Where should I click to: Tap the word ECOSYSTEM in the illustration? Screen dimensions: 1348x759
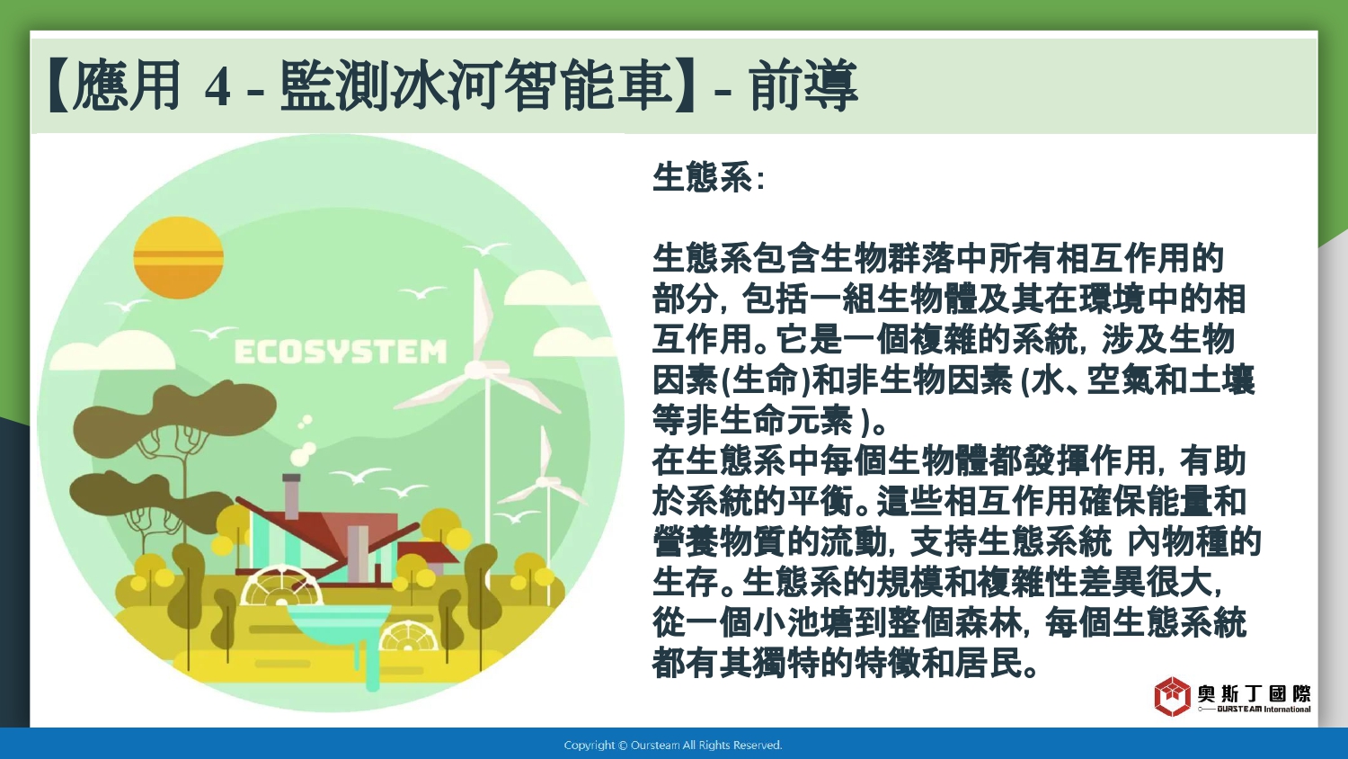[340, 352]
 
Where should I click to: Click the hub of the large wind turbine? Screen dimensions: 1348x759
[477, 367]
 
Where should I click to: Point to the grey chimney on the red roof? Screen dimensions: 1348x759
[291, 496]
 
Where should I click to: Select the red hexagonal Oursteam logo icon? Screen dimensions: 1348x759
[1172, 696]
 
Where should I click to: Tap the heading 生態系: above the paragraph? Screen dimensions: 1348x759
[708, 177]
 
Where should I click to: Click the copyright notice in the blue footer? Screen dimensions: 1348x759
[673, 746]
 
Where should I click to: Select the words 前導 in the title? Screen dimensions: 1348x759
[803, 85]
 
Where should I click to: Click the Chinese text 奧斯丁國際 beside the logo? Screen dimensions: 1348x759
[1255, 694]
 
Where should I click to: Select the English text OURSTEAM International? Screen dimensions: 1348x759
[1264, 709]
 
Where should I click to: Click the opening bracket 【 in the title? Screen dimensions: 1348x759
[59, 85]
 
